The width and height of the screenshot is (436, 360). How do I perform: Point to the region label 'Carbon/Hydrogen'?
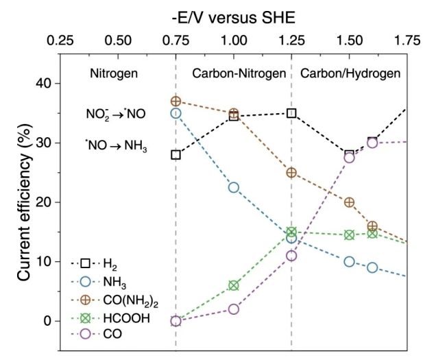click(x=350, y=73)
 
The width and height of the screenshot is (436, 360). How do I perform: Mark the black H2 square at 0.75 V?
click(x=175, y=154)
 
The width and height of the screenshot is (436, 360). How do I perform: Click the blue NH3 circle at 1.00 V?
click(x=234, y=187)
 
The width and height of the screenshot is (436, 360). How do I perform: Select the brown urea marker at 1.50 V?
click(x=350, y=202)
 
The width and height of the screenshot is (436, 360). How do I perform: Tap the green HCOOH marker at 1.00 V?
click(x=234, y=285)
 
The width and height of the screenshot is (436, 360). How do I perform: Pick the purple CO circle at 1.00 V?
click(x=234, y=309)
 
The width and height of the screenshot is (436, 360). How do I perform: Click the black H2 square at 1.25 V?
click(x=291, y=113)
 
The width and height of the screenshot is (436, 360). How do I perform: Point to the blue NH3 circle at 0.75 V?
click(x=175, y=113)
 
